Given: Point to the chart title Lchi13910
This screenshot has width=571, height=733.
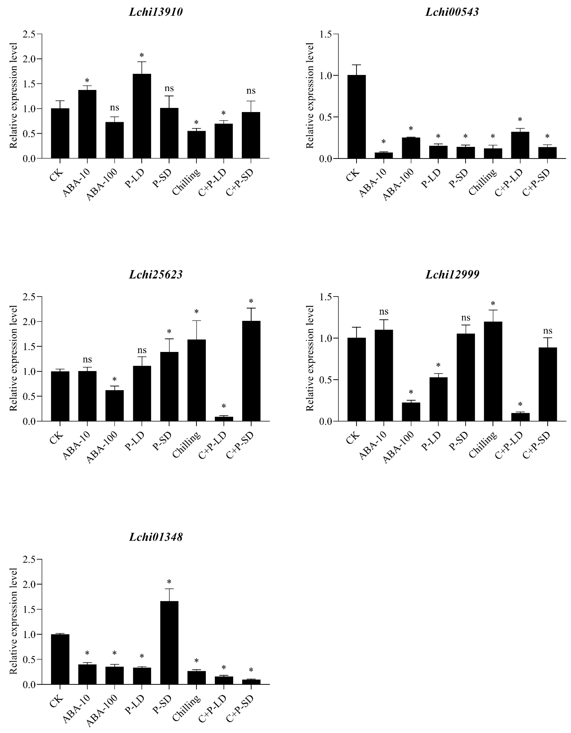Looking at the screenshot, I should tap(156, 12).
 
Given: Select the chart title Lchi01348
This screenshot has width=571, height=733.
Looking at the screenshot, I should tap(156, 537).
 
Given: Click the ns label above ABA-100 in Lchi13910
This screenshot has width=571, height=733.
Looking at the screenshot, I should tap(114, 108).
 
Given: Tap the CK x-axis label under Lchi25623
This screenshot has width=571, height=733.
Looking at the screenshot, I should tap(56, 438).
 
